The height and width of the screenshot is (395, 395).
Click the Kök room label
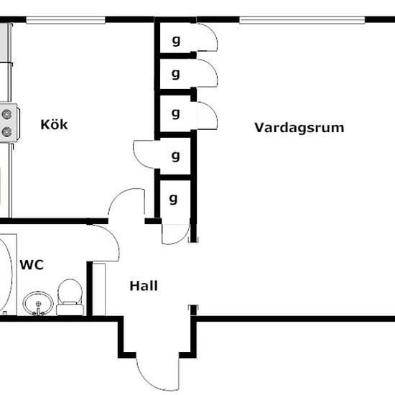tap(54, 124)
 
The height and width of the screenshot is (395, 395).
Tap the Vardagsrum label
tap(299, 127)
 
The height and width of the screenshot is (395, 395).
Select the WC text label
tap(32, 265)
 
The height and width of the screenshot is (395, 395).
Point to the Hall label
tap(144, 286)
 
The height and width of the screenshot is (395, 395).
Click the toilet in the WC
tap(70, 297)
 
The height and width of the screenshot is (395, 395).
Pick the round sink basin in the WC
tap(38, 303)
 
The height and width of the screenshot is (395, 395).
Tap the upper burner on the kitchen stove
tap(6, 114)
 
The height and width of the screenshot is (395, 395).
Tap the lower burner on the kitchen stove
tap(6, 131)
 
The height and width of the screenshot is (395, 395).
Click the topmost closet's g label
tap(176, 40)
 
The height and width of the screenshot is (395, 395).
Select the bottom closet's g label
tap(173, 199)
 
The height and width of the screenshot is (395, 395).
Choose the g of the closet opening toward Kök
tap(175, 157)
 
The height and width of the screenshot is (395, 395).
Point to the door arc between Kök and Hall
tap(121, 195)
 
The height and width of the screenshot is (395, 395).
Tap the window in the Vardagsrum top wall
tap(302, 19)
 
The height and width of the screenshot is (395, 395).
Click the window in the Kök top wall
tap(65, 19)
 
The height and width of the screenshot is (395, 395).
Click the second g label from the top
tap(175, 74)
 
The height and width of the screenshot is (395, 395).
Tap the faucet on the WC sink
tap(38, 310)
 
